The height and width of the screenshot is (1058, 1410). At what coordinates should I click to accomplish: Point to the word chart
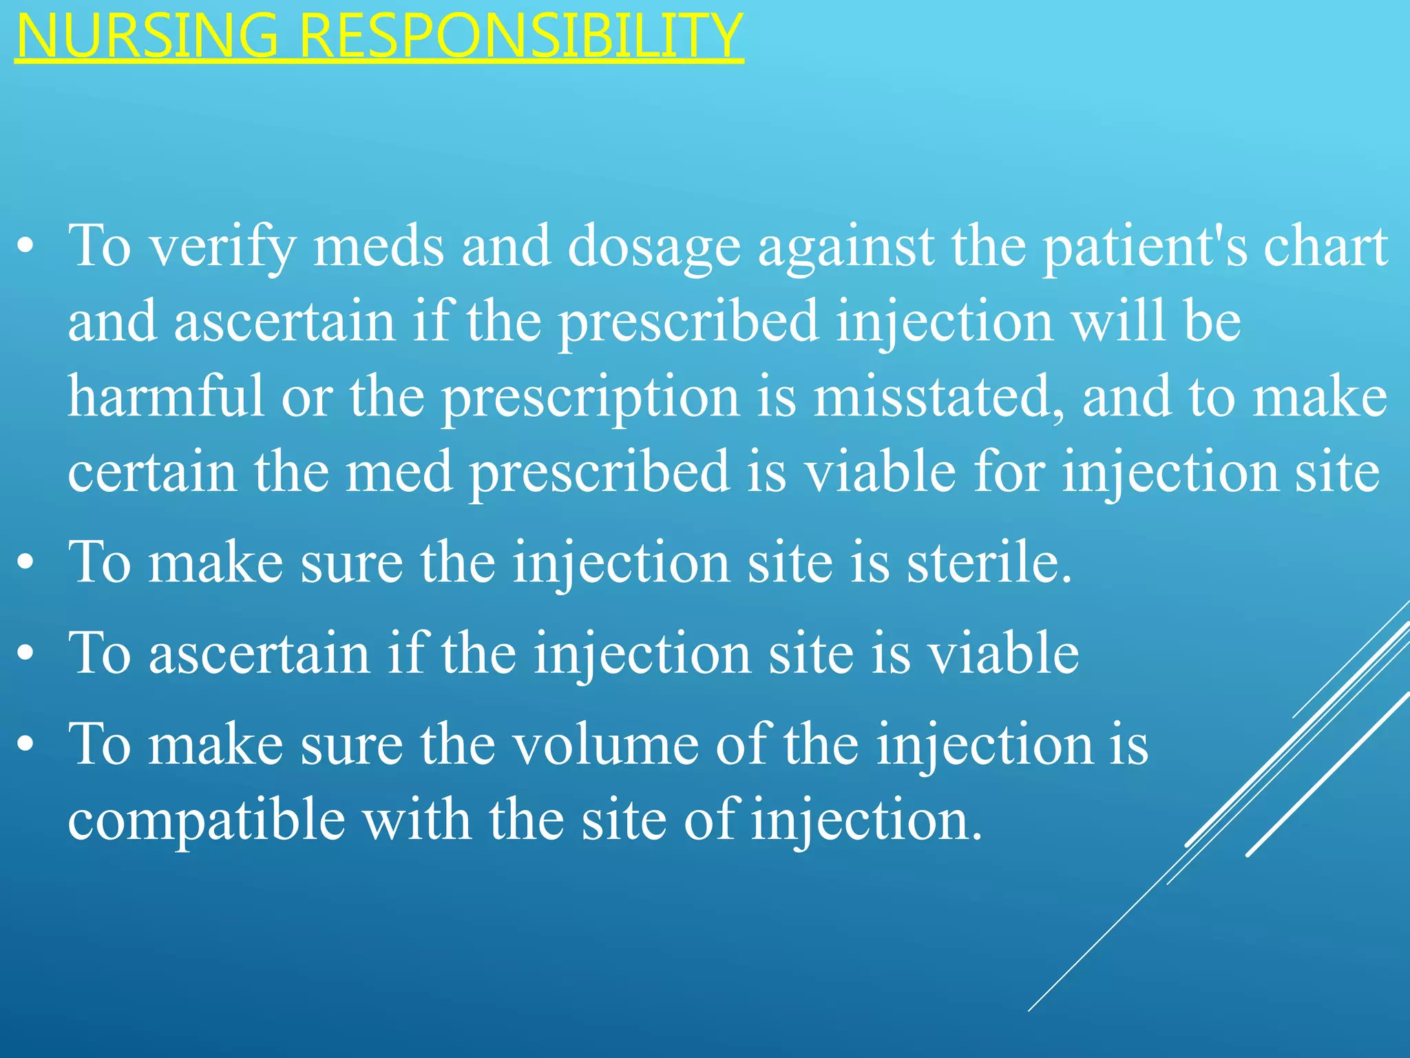[x=1325, y=247]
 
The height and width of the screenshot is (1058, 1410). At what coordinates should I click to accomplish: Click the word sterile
[x=989, y=563]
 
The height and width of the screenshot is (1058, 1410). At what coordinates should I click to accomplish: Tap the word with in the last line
[x=417, y=820]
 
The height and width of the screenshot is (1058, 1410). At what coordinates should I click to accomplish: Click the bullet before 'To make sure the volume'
[x=26, y=747]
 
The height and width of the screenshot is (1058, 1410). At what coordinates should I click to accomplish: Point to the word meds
[x=379, y=247]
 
